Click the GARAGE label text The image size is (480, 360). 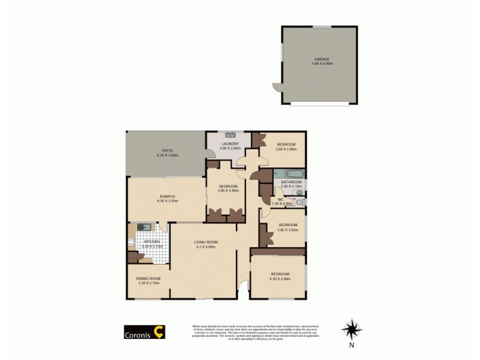coord(317,59)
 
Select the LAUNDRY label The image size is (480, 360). coord(230,144)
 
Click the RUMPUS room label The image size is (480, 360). coord(167,196)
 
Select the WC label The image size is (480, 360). coord(280,199)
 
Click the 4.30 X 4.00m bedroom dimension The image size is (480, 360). coord(280,279)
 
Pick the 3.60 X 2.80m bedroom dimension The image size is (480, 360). coord(286,149)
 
